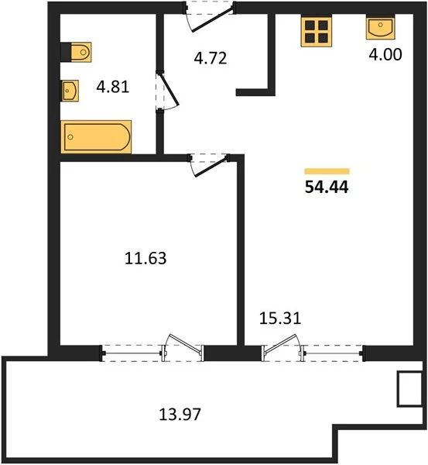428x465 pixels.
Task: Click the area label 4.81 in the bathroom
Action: [x=113, y=87]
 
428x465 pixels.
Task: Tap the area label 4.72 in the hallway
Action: [x=211, y=58]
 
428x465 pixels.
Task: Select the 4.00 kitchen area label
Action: [x=385, y=54]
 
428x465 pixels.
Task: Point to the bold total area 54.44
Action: [x=327, y=187]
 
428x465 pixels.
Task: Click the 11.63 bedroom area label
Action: [x=146, y=258]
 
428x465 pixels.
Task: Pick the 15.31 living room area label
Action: [x=280, y=319]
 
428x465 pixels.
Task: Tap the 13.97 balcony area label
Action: [x=180, y=414]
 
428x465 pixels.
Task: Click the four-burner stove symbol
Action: [x=316, y=32]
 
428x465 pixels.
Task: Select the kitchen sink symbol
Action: [x=381, y=28]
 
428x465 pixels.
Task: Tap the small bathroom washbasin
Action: [x=70, y=91]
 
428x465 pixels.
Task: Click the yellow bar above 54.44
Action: [x=327, y=171]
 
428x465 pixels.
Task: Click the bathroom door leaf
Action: [x=169, y=90]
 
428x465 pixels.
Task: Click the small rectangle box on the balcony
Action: [x=410, y=389]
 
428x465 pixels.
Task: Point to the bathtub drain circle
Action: [x=70, y=136]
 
